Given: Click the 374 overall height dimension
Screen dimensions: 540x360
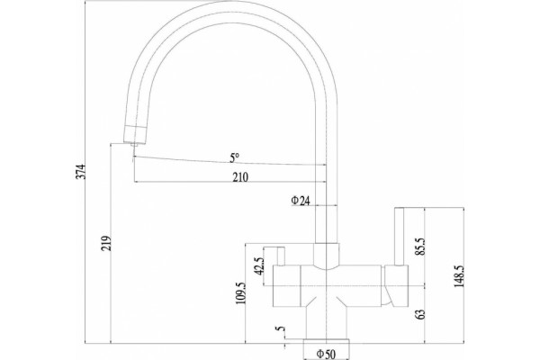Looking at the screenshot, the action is (80, 171).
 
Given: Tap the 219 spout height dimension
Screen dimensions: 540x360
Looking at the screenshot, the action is (106, 243).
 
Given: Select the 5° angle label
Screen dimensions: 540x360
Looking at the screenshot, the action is (234, 158).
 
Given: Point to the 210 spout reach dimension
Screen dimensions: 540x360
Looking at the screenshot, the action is (240, 177).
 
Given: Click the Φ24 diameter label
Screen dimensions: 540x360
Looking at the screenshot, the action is (301, 201).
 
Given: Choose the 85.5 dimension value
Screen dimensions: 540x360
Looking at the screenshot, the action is (420, 247).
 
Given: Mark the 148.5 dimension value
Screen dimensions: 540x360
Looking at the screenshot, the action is (460, 276).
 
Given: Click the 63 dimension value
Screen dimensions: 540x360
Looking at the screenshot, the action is (420, 314).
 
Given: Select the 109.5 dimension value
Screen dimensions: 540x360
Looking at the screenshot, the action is (240, 292).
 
